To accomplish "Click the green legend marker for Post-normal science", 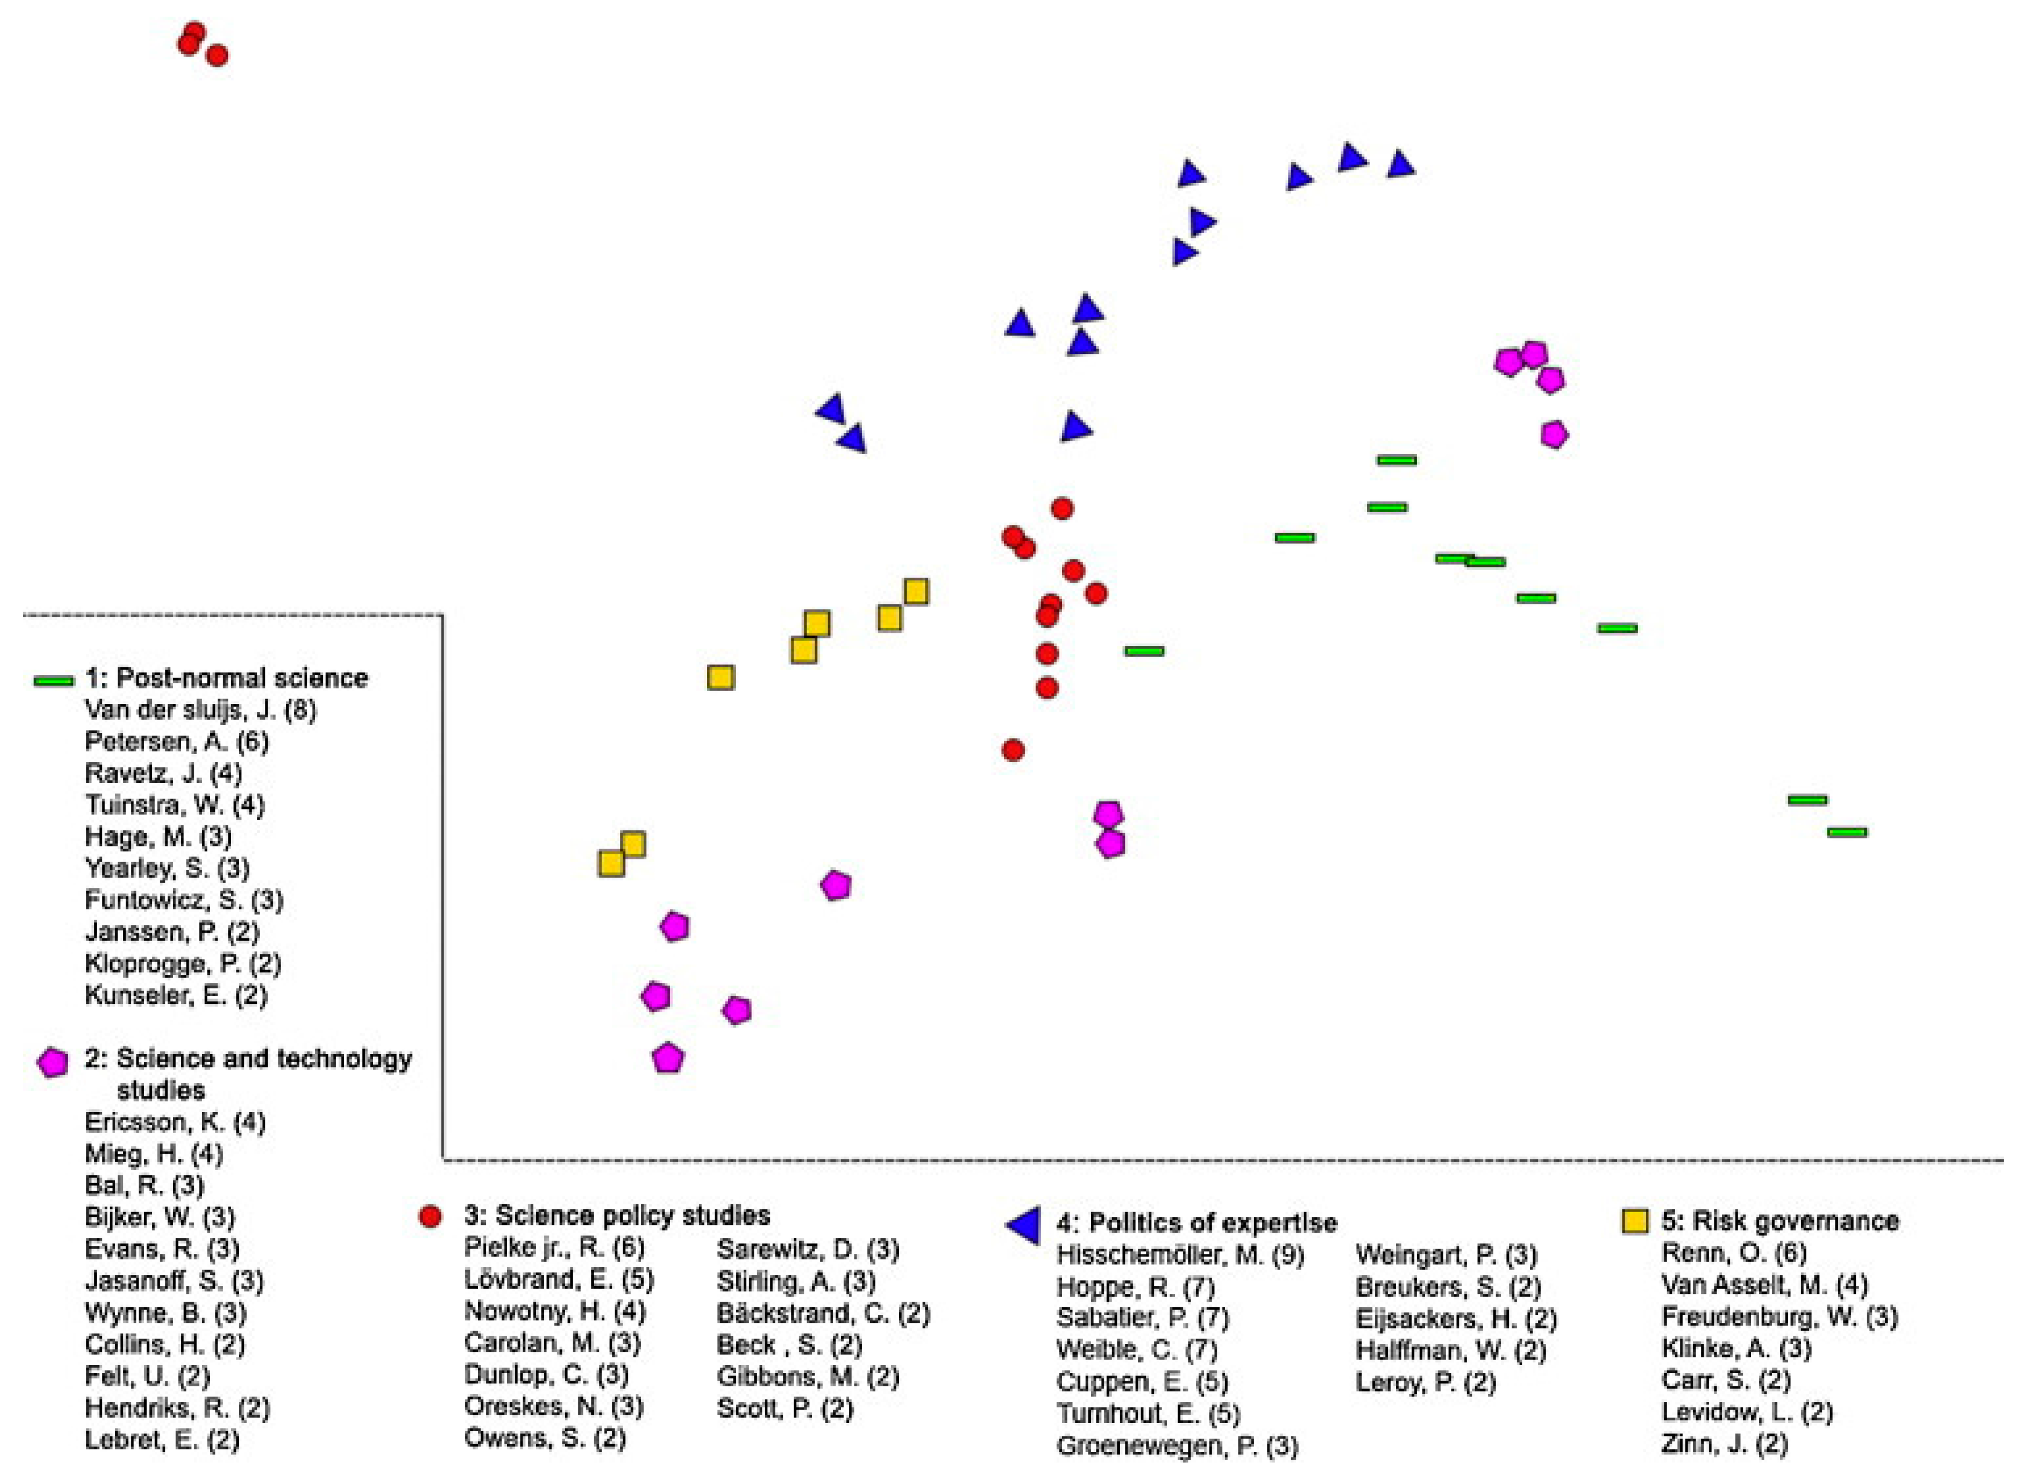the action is click(x=53, y=681).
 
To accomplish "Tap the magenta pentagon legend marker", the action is click(x=53, y=1062).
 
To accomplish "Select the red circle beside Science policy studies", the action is click(x=430, y=1216).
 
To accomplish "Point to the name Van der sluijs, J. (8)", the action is click(x=200, y=711).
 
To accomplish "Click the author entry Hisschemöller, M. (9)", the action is click(x=1180, y=1256).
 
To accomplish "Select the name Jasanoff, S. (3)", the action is click(x=174, y=1281).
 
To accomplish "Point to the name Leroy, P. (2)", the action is click(x=1425, y=1382).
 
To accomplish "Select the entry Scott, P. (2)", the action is click(x=785, y=1409).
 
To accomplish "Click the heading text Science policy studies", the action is click(x=632, y=1216).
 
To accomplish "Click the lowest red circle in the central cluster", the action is click(x=1013, y=750).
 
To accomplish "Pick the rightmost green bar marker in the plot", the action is click(x=1847, y=833).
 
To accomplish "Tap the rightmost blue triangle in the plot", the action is click(x=1400, y=165).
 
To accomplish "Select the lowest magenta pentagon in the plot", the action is click(x=668, y=1058).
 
